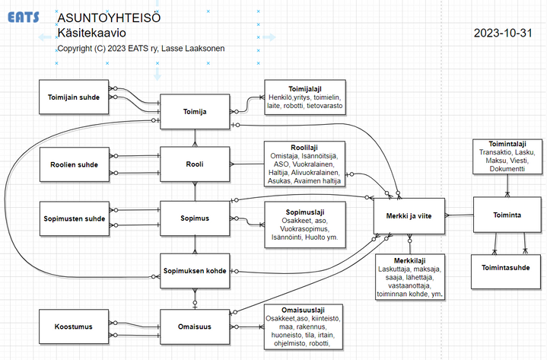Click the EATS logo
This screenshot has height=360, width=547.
(x=24, y=17)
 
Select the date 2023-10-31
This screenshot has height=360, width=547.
(x=503, y=33)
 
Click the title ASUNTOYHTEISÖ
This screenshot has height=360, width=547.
(x=109, y=18)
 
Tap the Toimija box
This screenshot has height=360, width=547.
(x=195, y=112)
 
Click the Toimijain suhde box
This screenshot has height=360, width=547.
(x=74, y=97)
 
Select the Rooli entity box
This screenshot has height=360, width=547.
(x=195, y=164)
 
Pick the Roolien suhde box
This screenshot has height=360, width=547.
(x=75, y=164)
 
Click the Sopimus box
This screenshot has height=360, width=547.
(x=195, y=218)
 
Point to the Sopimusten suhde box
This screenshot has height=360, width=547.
(x=75, y=218)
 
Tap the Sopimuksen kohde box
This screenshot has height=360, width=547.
(x=195, y=271)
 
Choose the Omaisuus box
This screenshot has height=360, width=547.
(x=195, y=327)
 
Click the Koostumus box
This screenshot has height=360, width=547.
(x=74, y=327)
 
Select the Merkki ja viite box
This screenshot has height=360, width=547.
(x=409, y=216)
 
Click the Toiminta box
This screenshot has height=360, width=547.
(x=507, y=215)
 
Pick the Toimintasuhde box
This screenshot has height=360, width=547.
(x=506, y=272)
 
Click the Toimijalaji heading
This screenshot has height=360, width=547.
(x=305, y=89)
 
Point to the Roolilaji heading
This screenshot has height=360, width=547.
(x=304, y=148)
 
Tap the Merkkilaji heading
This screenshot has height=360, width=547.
(x=409, y=260)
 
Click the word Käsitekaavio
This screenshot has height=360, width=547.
(x=92, y=33)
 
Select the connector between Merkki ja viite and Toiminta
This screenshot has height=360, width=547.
(x=459, y=215)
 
